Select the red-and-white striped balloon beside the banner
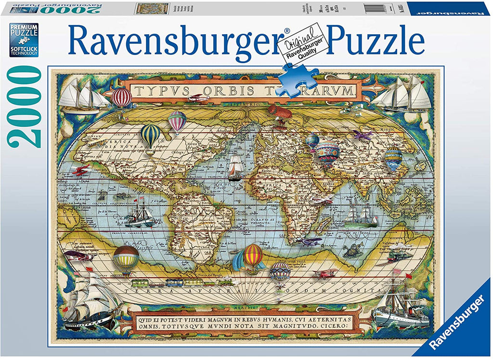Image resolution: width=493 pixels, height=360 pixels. [121, 97]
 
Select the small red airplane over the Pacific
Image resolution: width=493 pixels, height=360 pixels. [81, 170]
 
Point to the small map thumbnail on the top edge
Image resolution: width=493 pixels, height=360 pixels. [151, 9]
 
